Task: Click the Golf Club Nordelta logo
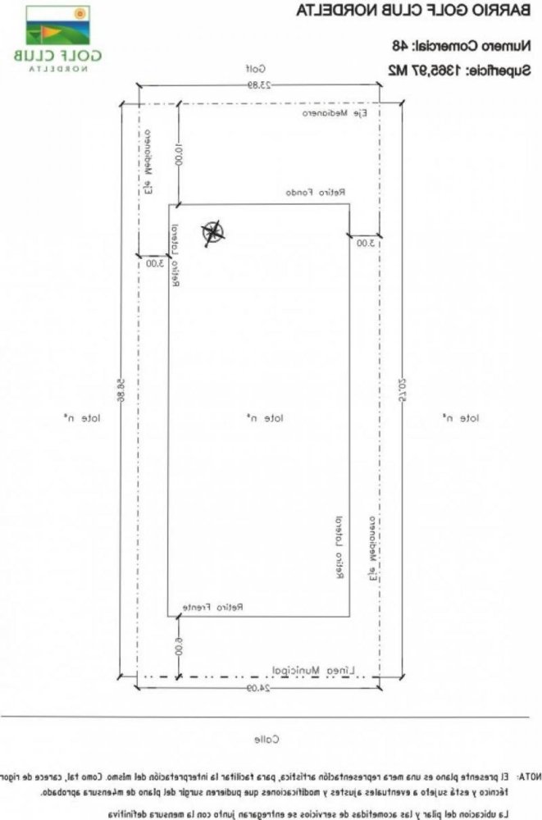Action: point(57,39)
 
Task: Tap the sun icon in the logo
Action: point(79,13)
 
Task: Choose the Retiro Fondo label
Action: point(315,192)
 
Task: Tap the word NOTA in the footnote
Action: point(527,774)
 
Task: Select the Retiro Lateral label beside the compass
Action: point(175,256)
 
